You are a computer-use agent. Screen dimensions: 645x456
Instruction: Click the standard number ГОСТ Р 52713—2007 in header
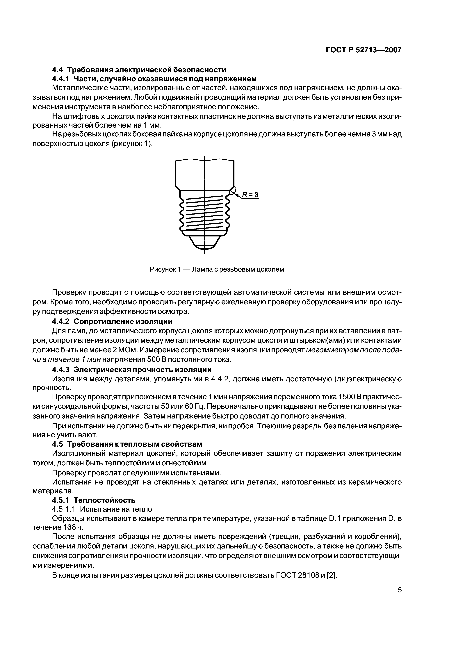pyautogui.click(x=364, y=50)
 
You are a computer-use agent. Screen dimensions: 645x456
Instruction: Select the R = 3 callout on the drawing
pyautogui.click(x=250, y=195)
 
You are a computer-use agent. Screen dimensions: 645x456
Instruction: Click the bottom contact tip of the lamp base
pyautogui.click(x=204, y=247)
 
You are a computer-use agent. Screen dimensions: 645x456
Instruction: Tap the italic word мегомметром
pyautogui.click(x=327, y=350)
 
